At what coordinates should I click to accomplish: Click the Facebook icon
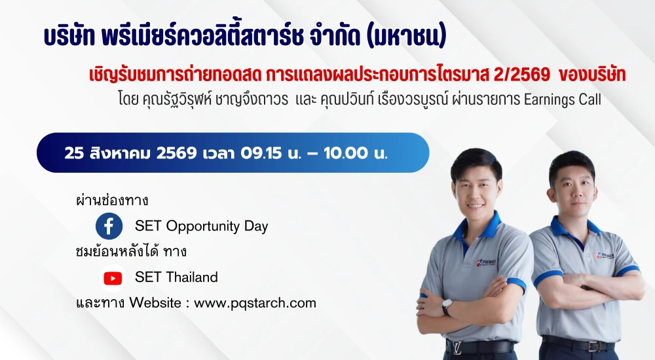[x=109, y=226]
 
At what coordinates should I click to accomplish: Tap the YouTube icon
[x=113, y=278]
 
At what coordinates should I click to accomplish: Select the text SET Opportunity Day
[x=201, y=226]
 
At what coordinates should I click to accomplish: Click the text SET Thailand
[x=176, y=277]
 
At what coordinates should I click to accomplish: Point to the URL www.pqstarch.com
[x=255, y=303]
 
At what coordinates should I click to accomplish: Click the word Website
[x=155, y=302]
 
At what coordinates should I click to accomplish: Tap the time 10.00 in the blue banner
[x=345, y=153]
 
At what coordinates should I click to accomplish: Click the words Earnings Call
[x=562, y=99]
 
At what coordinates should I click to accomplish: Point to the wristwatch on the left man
[x=447, y=307]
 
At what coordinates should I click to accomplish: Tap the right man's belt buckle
[x=593, y=346]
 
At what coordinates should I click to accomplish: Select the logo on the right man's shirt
[x=605, y=255]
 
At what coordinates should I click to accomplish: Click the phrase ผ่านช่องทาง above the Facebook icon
[x=112, y=200]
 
